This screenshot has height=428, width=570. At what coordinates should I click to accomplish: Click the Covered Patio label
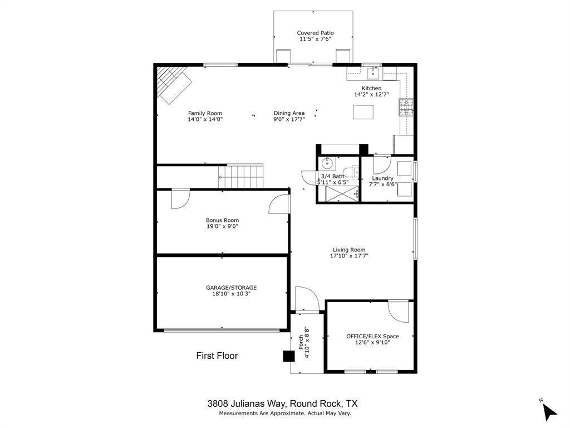click(x=315, y=33)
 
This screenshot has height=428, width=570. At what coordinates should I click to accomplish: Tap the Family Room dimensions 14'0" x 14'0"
click(x=205, y=119)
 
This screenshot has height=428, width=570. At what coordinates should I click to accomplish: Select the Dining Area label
click(x=289, y=113)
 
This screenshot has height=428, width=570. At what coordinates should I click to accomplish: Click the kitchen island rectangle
click(x=363, y=112)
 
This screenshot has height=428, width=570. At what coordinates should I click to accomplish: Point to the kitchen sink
click(x=372, y=73)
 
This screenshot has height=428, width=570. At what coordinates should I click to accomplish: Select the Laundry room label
click(x=382, y=178)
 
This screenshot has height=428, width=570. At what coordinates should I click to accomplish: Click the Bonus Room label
click(x=222, y=220)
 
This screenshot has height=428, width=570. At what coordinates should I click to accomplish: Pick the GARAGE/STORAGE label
click(x=231, y=288)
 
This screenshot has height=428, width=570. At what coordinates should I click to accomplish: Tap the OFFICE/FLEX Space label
click(x=372, y=336)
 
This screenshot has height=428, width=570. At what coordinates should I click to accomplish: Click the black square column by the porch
click(x=288, y=356)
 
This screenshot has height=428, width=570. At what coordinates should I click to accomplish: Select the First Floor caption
click(x=217, y=356)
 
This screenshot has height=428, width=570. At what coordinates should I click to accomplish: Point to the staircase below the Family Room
click(x=241, y=176)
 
